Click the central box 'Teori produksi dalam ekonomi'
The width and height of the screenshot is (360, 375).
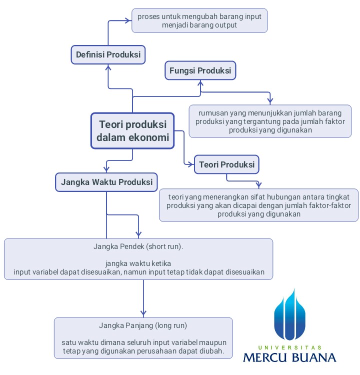point(132,130)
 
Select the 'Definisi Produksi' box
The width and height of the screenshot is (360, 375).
point(108,54)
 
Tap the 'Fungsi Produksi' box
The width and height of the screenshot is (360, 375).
point(200,70)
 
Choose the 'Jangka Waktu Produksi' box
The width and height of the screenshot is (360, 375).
point(106,182)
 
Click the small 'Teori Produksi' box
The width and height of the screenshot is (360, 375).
point(226,164)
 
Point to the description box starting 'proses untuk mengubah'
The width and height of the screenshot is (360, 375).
point(199,20)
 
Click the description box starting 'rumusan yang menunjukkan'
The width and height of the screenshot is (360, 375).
point(270,121)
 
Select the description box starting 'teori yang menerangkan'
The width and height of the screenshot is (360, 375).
point(258,205)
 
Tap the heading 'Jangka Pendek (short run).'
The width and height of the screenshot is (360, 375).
point(138,246)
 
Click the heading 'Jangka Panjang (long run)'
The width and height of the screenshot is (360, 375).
point(143,325)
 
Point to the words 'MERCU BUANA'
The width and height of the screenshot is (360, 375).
point(289,357)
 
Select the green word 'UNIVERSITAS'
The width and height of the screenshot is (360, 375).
point(289,347)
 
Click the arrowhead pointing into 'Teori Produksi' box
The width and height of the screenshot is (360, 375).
point(191,164)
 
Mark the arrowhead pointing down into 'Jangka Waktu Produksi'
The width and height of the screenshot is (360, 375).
point(106,168)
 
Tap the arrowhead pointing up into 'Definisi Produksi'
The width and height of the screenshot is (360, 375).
point(108,68)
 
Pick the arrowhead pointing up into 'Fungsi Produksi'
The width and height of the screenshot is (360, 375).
point(200,83)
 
